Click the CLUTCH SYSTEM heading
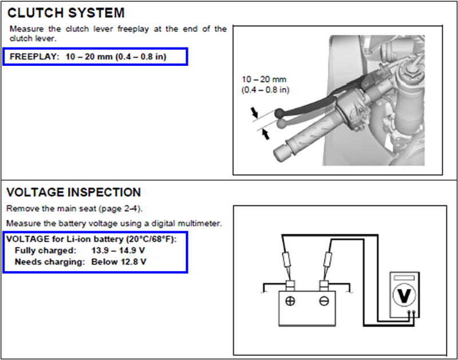click(66, 12)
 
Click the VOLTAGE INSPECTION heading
click(74, 192)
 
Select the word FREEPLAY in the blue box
click(34, 57)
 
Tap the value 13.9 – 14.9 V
click(119, 251)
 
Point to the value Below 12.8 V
click(119, 262)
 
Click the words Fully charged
click(45, 251)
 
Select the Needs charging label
click(50, 262)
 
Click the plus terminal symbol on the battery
click(290, 301)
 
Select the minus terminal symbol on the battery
click(324, 301)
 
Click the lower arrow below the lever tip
click(264, 134)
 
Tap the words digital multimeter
click(190, 223)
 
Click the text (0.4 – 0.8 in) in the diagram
click(266, 90)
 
